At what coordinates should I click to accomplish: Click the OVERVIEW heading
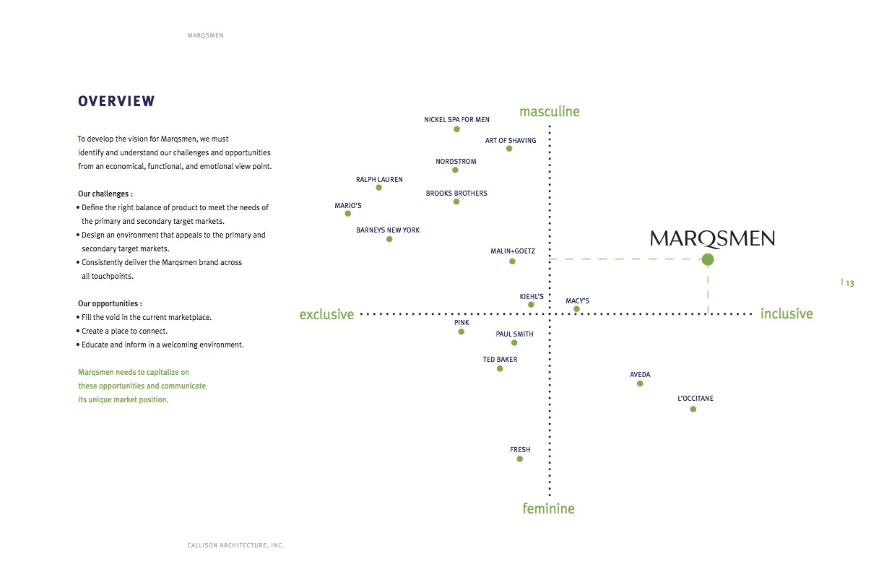pyautogui.click(x=116, y=102)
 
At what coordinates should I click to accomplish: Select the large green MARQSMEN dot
pyautogui.click(x=708, y=259)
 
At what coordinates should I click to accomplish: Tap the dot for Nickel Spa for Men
pyautogui.click(x=456, y=129)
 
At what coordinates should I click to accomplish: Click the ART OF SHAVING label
pyautogui.click(x=511, y=140)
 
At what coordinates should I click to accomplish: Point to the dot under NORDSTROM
pyautogui.click(x=455, y=170)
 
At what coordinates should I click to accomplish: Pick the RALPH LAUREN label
pyautogui.click(x=379, y=179)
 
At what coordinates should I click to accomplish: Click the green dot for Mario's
pyautogui.click(x=348, y=214)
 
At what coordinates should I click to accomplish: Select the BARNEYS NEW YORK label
pyautogui.click(x=388, y=230)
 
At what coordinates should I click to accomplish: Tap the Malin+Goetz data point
pyautogui.click(x=512, y=261)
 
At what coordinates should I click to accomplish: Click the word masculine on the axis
pyautogui.click(x=549, y=112)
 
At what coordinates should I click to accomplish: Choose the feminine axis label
pyautogui.click(x=548, y=508)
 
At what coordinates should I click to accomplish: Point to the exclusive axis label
pyautogui.click(x=326, y=314)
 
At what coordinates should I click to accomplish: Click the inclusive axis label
pyautogui.click(x=786, y=313)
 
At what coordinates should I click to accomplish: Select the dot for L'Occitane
pyautogui.click(x=693, y=409)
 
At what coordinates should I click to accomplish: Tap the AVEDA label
pyautogui.click(x=640, y=375)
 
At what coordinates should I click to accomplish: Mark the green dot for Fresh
pyautogui.click(x=519, y=459)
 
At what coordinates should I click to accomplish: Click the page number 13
pyautogui.click(x=850, y=283)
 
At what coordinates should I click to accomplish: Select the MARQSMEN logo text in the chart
pyautogui.click(x=712, y=238)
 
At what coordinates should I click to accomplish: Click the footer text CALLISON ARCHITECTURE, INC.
pyautogui.click(x=235, y=545)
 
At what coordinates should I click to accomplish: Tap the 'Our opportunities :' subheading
pyautogui.click(x=110, y=304)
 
